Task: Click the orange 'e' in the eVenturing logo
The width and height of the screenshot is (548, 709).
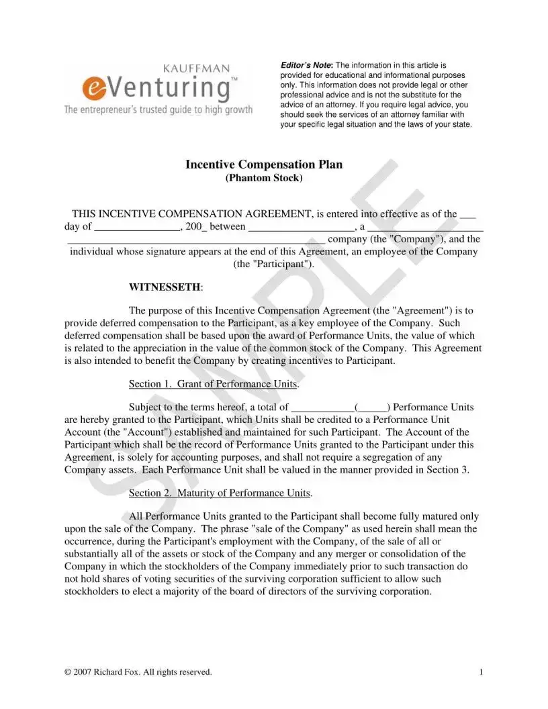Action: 91,88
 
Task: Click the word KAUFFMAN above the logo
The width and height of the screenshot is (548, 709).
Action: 197,68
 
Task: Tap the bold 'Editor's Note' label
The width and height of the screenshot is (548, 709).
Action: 305,64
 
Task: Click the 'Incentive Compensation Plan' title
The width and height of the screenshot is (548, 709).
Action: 264,164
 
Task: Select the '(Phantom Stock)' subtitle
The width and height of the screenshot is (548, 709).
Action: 264,178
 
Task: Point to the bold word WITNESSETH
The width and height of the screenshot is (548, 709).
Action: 165,287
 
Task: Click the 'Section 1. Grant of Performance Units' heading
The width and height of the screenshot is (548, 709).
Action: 214,384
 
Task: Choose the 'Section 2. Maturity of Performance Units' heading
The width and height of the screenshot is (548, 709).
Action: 220,493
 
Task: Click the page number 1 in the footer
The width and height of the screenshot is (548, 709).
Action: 482,671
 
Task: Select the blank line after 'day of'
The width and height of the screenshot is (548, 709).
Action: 137,228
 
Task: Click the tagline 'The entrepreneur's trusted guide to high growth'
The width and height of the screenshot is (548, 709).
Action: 158,109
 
